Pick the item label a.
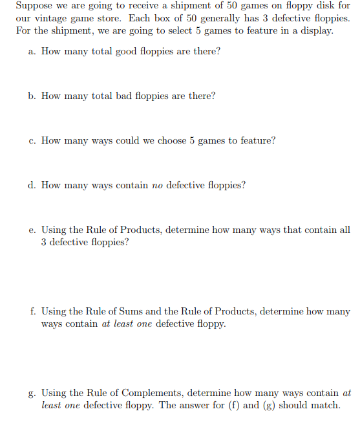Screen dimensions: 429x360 pos(32,51)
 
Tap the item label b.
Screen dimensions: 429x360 pos(32,96)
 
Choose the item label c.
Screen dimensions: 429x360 pos(32,140)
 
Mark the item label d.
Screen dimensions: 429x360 pos(32,185)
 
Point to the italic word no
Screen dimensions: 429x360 pos(157,186)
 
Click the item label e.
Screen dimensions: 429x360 pos(32,230)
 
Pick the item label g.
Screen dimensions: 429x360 pos(32,393)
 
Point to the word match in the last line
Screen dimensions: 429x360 pos(325,406)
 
